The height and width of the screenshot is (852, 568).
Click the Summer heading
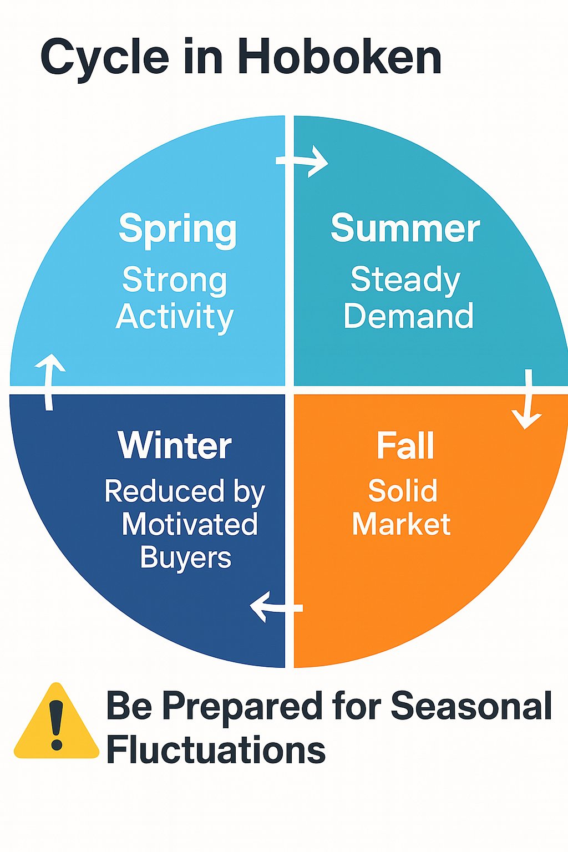pyautogui.click(x=405, y=228)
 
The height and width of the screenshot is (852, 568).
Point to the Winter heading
pyautogui.click(x=175, y=445)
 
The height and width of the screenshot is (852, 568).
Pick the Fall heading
pyautogui.click(x=405, y=445)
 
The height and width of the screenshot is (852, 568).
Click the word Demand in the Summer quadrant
pyautogui.click(x=409, y=315)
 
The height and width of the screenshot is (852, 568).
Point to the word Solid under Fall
pyautogui.click(x=403, y=491)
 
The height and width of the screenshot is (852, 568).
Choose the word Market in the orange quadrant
pyautogui.click(x=402, y=524)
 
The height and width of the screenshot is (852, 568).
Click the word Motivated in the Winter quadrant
pyautogui.click(x=190, y=524)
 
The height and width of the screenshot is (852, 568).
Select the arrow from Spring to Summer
pyautogui.click(x=302, y=161)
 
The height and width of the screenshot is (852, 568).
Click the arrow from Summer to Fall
pyautogui.click(x=528, y=399)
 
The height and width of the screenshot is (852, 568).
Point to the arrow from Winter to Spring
pyautogui.click(x=49, y=382)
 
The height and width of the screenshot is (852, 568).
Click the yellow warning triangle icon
pyautogui.click(x=57, y=727)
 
